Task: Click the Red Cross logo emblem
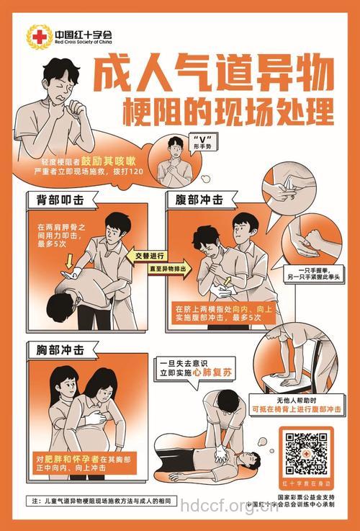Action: (x=36, y=35)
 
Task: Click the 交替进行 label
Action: (x=150, y=256)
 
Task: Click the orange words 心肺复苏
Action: (x=215, y=374)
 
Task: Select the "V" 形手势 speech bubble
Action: (x=201, y=141)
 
